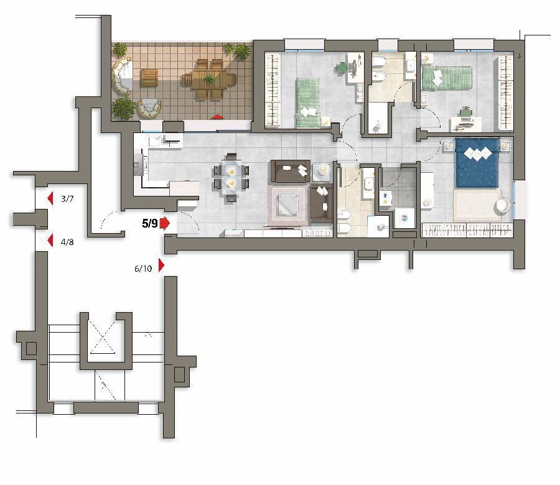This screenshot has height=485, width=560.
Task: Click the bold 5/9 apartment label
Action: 149,224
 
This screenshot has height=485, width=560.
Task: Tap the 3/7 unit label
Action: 67,199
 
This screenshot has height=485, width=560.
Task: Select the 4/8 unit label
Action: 67,242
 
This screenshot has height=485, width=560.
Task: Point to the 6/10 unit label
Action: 143,269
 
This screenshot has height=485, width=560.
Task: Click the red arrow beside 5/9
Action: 164,223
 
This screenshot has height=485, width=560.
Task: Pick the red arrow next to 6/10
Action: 161,266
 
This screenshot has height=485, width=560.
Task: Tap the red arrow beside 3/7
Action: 50,198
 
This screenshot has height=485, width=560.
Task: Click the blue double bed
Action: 477,163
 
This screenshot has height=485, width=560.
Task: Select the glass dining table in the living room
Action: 231,178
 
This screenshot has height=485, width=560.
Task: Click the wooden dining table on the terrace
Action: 209,79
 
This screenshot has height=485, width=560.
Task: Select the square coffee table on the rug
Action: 288,205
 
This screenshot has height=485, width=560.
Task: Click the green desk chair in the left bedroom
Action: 342,67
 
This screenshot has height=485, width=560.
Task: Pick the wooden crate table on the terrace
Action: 149,78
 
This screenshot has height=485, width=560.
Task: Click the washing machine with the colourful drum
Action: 404,218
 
